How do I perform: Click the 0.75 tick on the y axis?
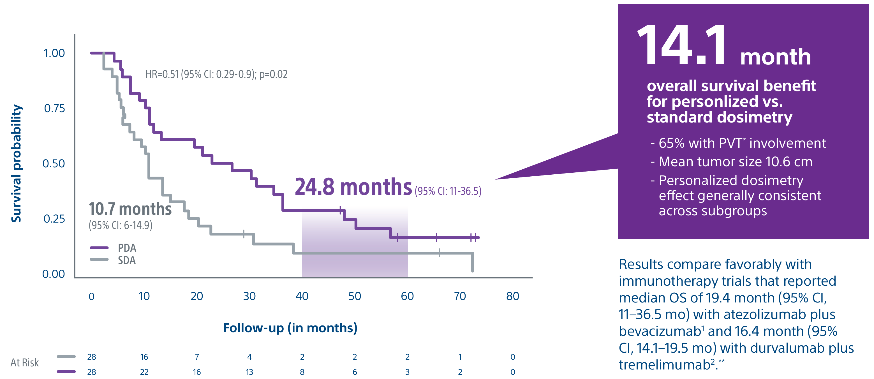pyautogui.click(x=54, y=108)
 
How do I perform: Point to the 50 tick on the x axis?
pyautogui.click(x=355, y=296)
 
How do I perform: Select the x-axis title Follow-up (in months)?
pyautogui.click(x=290, y=328)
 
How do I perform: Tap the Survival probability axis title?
pyautogui.click(x=16, y=163)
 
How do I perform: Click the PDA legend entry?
pyautogui.click(x=127, y=248)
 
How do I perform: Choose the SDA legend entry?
pyautogui.click(x=126, y=260)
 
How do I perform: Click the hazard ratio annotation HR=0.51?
pyautogui.click(x=216, y=74)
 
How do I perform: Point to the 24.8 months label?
pyautogui.click(x=353, y=187)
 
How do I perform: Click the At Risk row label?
pyautogui.click(x=24, y=363)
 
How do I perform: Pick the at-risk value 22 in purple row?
pyautogui.click(x=144, y=372)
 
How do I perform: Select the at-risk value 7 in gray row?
pyautogui.click(x=197, y=357)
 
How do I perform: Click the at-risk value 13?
pyautogui.click(x=249, y=372)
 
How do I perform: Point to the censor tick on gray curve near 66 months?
pyautogui.click(x=439, y=253)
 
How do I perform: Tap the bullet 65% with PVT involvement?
pyautogui.click(x=742, y=143)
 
